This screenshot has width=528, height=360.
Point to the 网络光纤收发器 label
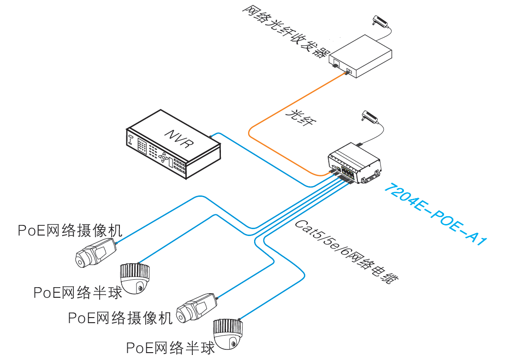pos(284,31)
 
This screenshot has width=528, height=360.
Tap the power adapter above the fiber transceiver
pos(381,21)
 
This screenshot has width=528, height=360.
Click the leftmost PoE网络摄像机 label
pos(69,230)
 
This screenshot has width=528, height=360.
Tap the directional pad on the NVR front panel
pos(163,157)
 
